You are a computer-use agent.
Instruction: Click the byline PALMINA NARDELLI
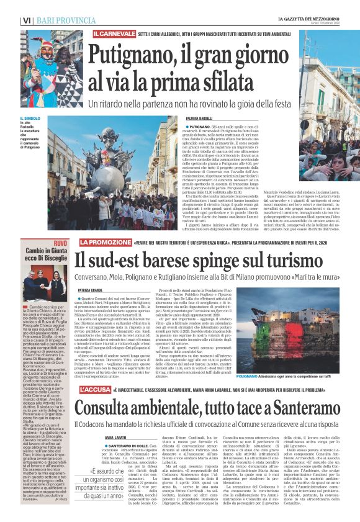(x=200, y=119)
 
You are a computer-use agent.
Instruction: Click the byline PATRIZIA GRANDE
(x=92, y=289)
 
